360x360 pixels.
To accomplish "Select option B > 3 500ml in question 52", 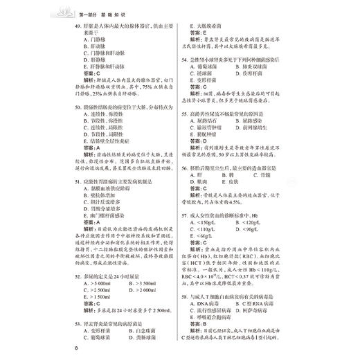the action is [x=143, y=282].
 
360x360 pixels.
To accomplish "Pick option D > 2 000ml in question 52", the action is [x=143, y=290].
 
